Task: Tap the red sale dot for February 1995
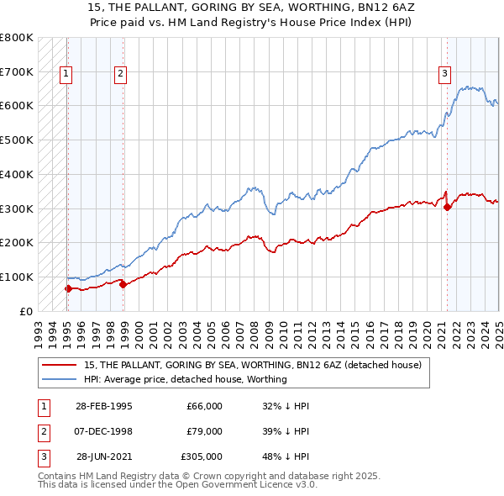(x=67, y=288)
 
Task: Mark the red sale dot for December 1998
(x=123, y=284)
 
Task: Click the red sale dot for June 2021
(x=447, y=207)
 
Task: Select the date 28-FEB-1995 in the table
(x=103, y=406)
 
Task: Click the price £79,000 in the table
(x=204, y=431)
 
